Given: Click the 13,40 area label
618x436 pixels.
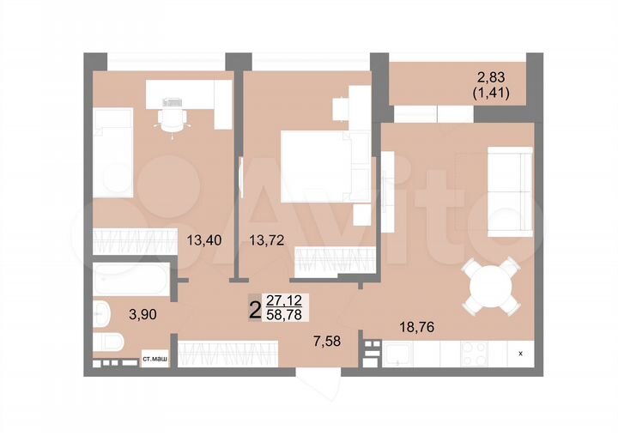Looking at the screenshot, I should click(204, 240).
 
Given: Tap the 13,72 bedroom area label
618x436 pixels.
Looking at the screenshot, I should click(264, 240).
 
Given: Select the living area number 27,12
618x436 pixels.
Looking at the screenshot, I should click(283, 301).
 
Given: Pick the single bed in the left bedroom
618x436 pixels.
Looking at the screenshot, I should click(113, 153).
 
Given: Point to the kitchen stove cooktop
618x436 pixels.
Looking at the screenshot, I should click(476, 352).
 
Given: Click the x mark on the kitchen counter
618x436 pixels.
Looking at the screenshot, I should click(520, 352).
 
